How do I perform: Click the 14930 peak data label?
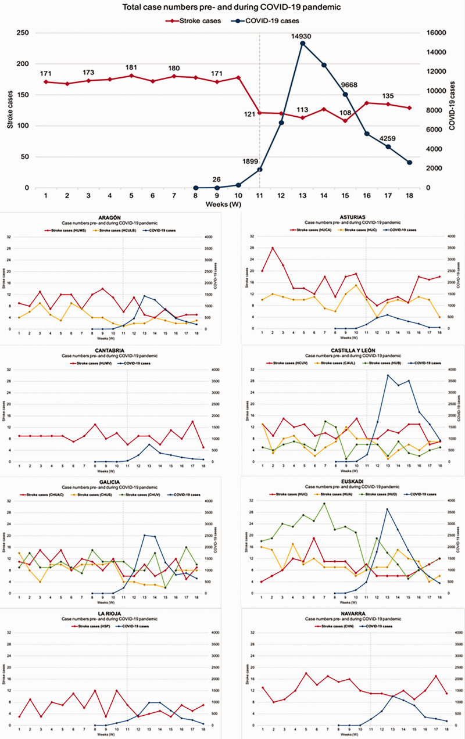303,36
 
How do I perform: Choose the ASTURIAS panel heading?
356,217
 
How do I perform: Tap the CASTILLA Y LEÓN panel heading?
356,350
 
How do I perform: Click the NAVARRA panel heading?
356,614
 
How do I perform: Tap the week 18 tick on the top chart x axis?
410,196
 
